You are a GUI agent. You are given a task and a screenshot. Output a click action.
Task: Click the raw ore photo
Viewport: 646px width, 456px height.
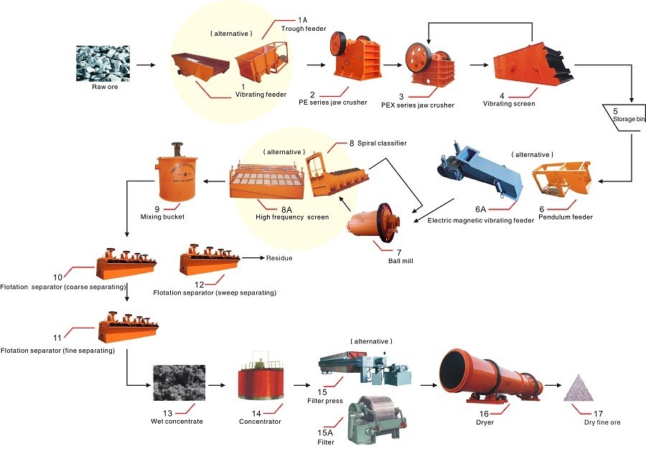pos(103,63)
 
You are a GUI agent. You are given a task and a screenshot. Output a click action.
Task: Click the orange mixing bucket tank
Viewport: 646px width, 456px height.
pos(178,171)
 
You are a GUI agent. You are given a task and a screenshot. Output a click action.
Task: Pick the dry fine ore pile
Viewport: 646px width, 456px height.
pos(579,388)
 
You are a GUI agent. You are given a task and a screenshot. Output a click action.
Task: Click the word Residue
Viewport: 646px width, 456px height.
pos(279,258)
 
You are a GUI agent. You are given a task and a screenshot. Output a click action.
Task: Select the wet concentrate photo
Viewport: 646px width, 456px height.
pos(179,383)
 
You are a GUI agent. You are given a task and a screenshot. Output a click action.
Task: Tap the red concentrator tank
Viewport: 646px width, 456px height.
pos(261,379)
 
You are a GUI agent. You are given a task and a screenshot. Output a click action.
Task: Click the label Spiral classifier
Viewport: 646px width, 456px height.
pos(382,143)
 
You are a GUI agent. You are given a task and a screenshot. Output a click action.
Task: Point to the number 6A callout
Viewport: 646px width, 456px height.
pos(480,209)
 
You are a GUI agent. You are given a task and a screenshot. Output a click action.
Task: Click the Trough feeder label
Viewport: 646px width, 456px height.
pos(304,29)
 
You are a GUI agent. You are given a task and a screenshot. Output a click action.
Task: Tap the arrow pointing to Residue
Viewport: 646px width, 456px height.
pos(253,258)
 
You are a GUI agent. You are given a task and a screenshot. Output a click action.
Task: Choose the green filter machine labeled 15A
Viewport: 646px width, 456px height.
pos(377,419)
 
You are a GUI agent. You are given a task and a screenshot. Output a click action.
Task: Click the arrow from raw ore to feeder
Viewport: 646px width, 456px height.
pos(146,65)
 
